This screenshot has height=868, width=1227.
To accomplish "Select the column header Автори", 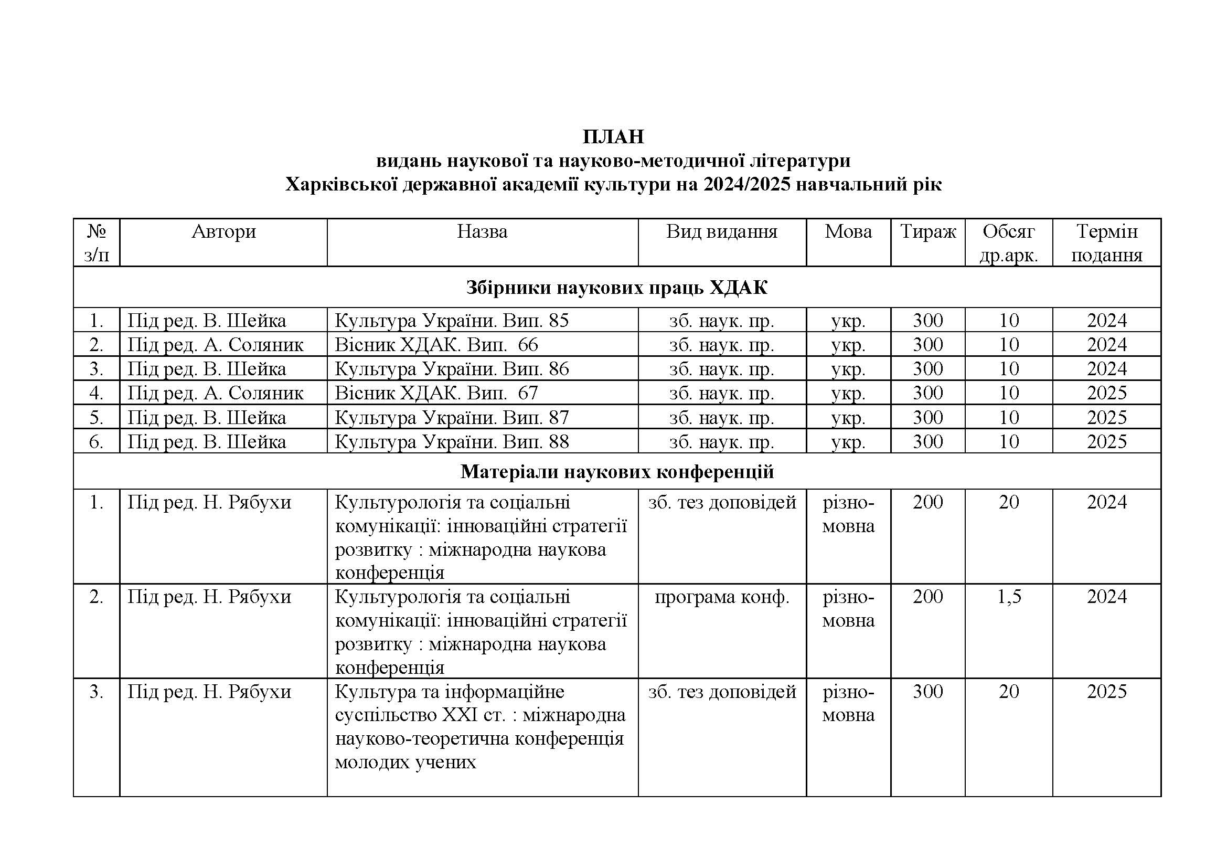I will coord(223,231).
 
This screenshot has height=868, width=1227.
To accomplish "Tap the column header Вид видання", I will coord(721,231).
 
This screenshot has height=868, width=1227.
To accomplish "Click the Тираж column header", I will coord(928,231).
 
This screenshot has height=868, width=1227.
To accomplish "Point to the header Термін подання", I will coord(1106,243).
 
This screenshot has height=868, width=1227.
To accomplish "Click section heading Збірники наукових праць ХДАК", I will coord(616,288).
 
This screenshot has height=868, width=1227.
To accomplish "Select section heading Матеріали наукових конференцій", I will coord(617,471).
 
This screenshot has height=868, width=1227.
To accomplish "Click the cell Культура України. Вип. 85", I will coord(452,321).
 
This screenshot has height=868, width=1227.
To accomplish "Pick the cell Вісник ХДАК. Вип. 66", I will coord(436,345).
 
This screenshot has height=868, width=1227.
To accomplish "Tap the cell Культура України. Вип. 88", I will coord(452,442).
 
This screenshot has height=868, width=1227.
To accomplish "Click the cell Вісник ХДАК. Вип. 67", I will coord(436,394).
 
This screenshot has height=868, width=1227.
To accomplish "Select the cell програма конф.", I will coord(721,597).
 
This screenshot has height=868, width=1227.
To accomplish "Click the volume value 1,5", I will coord(1009,597).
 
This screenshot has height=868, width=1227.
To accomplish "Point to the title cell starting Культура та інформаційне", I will coord(479,727).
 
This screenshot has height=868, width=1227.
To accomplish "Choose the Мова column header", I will coord(848,231).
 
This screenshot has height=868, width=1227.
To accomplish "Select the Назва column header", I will coord(482,231).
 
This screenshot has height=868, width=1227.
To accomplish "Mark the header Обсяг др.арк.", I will coord(1008,243).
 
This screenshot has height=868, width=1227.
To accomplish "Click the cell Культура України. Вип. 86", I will coord(452,369).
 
